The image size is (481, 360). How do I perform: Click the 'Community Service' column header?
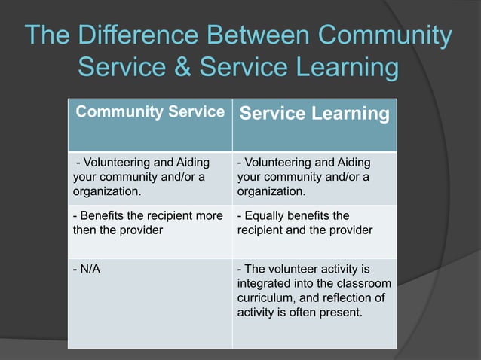pyautogui.click(x=150, y=113)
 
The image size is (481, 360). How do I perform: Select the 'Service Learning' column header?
pyautogui.click(x=314, y=114)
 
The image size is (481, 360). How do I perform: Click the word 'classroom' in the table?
pyautogui.click(x=365, y=284)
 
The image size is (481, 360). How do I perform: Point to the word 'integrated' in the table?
pyautogui.click(x=263, y=284)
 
